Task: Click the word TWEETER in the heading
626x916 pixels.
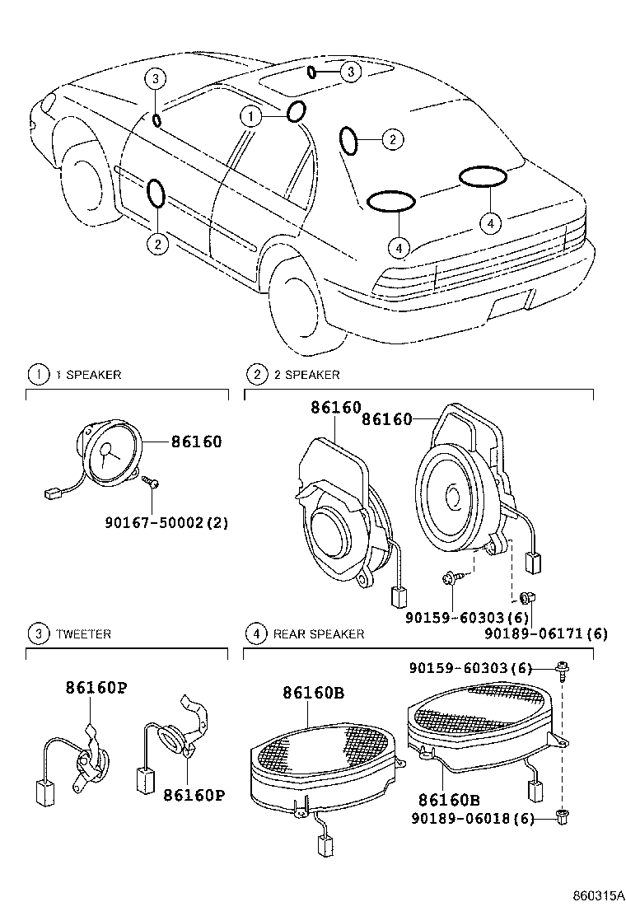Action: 83,634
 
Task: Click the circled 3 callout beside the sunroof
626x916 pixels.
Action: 351,72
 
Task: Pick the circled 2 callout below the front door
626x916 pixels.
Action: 156,243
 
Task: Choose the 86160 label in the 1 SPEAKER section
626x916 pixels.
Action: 196,442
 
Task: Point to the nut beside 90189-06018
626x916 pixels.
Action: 563,816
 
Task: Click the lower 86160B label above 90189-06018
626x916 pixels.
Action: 450,800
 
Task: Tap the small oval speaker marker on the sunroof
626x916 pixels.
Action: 311,72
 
